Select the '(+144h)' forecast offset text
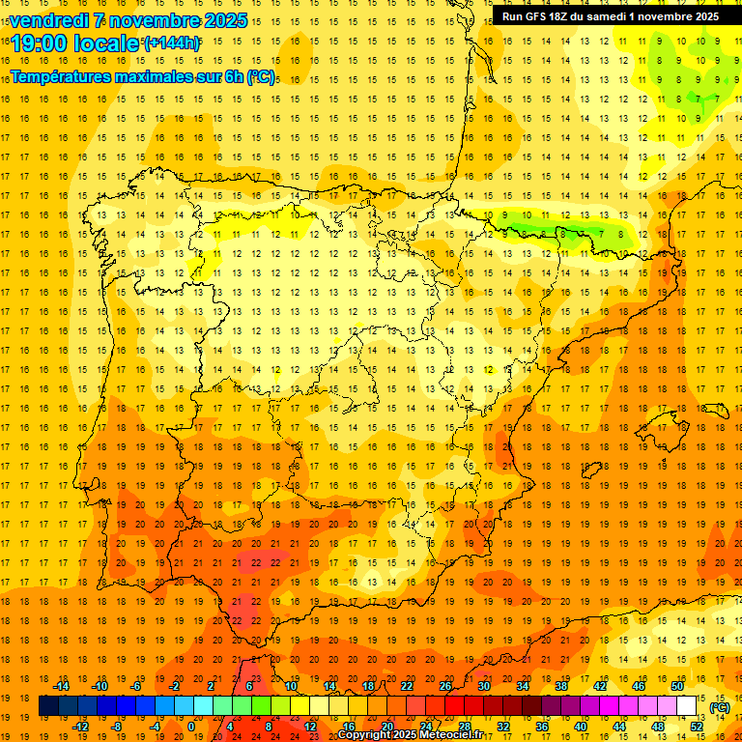[x=172, y=43]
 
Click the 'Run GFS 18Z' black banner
[x=610, y=16]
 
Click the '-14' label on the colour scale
[x=60, y=686]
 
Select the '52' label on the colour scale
[x=697, y=727]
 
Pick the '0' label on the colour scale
[x=192, y=727]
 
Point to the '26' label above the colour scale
[x=445, y=686]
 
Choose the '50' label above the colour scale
[x=677, y=686]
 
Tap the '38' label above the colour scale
[x=561, y=686]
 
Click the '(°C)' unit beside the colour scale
[x=720, y=706]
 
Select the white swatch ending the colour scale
[x=687, y=706]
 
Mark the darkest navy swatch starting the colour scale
[x=48, y=706]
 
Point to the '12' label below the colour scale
[x=310, y=727]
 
